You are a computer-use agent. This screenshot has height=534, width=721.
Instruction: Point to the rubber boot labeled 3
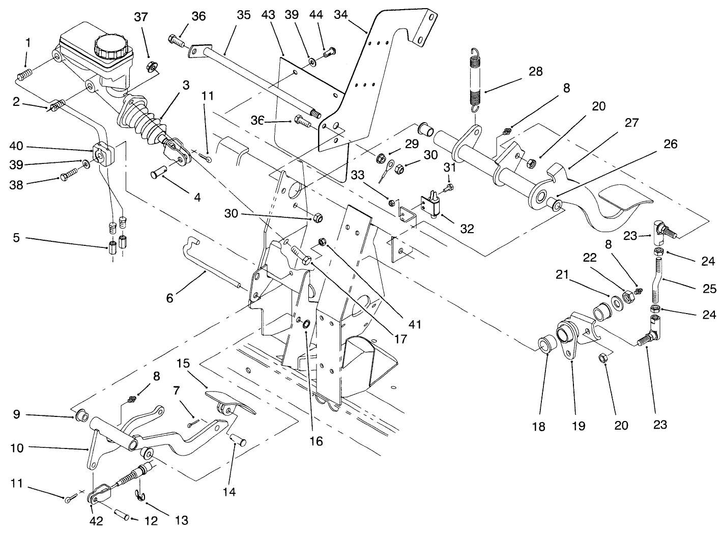pos(142,120)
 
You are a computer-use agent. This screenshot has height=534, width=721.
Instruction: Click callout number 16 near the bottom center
pos(316,441)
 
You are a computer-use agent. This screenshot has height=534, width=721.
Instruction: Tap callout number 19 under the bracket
pos(579,426)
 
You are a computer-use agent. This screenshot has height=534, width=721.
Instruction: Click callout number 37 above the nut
pos(141,17)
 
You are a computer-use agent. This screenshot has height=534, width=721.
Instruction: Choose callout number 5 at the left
pos(16,238)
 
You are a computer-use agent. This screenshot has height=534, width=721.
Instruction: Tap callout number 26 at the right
pos(671,145)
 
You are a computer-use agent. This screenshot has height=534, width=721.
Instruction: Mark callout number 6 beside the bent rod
pos(170,297)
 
